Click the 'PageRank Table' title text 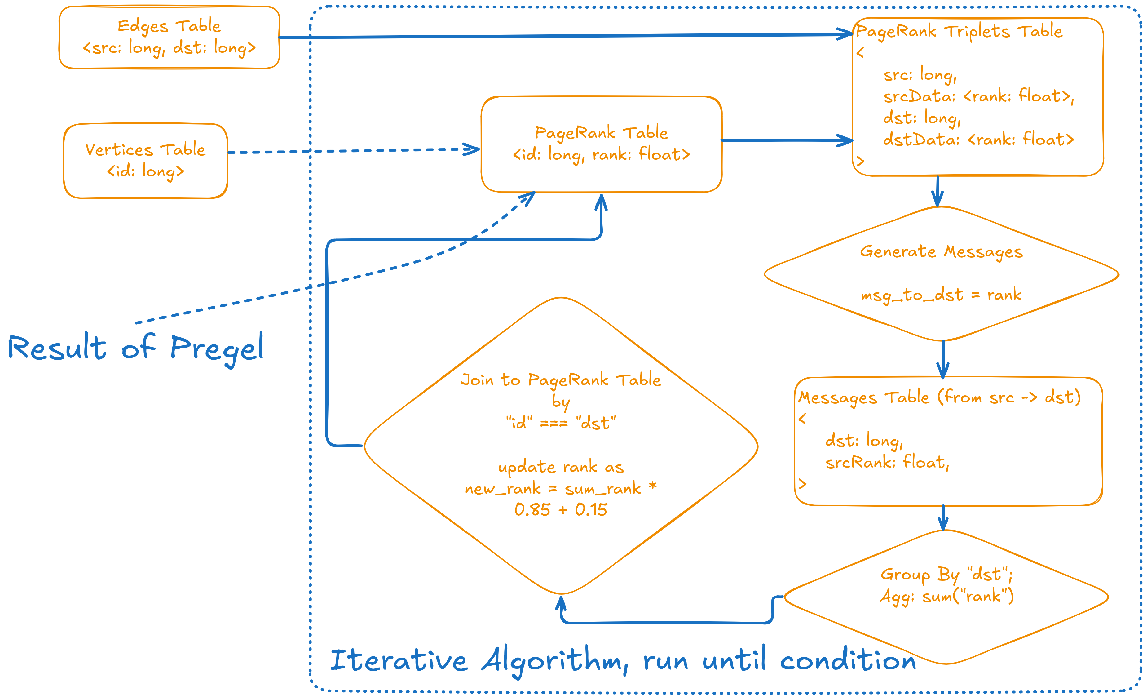pos(601,133)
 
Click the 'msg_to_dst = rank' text pos(941,295)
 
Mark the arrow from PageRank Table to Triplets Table pos(787,140)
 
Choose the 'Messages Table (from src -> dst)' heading pos(939,397)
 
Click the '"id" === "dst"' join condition pos(561,423)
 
